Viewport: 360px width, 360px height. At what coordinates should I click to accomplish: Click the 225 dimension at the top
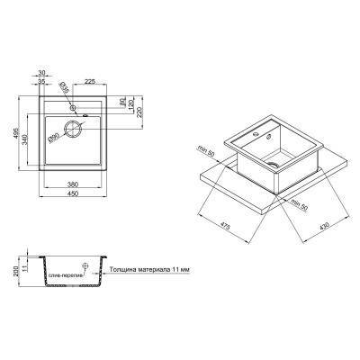click(x=91, y=79)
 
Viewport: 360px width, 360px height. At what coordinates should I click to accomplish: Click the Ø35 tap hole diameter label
click(x=62, y=88)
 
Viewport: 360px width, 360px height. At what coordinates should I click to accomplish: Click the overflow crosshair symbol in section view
click(x=85, y=267)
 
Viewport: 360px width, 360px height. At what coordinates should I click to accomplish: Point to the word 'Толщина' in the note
click(x=122, y=268)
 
